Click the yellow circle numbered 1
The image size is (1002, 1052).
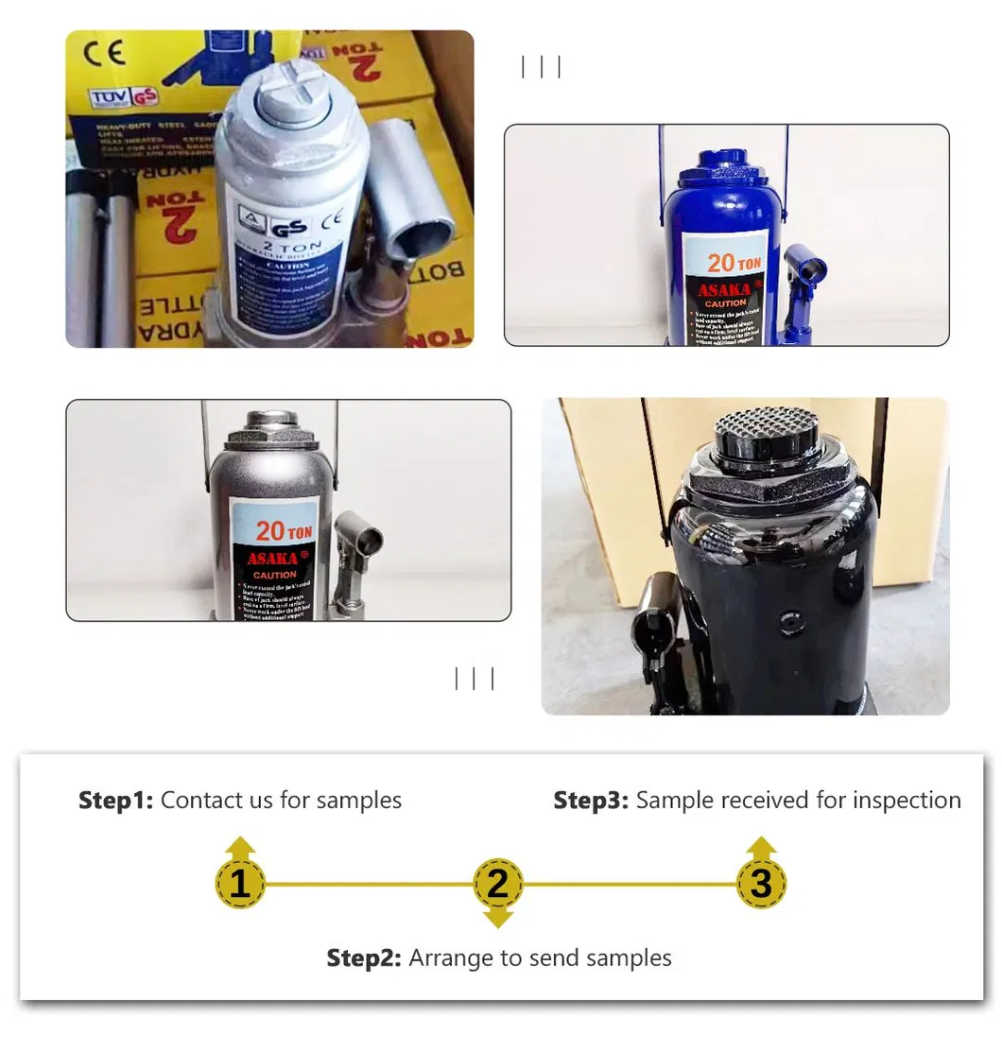[x=240, y=885]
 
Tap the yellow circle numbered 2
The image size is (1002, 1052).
[x=497, y=885]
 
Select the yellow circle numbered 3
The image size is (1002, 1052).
[x=761, y=885]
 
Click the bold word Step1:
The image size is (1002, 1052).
[x=115, y=801]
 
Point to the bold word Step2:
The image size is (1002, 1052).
[x=364, y=958]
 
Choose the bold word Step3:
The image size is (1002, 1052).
[x=591, y=801]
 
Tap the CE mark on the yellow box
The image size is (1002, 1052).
[x=104, y=53]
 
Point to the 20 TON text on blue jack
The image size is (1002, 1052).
[x=734, y=263]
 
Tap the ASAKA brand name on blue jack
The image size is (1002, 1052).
[x=724, y=289]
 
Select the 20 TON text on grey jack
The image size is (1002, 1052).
[x=283, y=531]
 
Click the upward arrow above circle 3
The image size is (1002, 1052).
[x=761, y=846]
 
